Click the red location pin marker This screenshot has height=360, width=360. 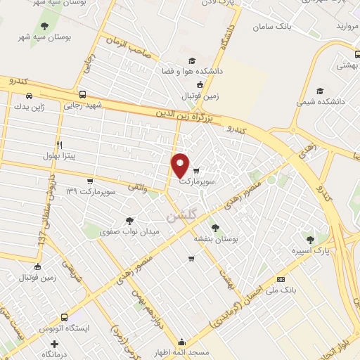click(x=180, y=165)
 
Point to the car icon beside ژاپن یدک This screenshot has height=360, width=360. click(x=29, y=96)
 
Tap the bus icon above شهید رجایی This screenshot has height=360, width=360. click(x=83, y=94)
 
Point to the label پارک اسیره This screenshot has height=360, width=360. click(x=310, y=250)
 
